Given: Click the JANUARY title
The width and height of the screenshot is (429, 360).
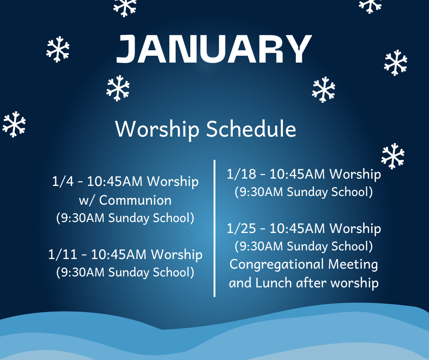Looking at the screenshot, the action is tap(214, 49).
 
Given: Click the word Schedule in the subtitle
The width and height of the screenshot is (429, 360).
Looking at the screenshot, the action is tap(251, 129).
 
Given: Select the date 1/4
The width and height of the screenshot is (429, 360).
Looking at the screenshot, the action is tap(63, 181).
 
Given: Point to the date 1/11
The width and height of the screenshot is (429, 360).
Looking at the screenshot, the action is tap(63, 254).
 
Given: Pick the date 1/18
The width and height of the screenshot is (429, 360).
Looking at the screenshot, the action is tap(241, 174).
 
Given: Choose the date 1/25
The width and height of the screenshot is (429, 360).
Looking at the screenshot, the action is tap(241, 228).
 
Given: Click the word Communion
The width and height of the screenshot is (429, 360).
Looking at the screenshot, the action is tap(136, 200).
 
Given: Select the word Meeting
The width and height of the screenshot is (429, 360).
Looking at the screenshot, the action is tap(353, 265).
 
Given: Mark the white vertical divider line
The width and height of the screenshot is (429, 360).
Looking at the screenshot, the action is tap(214, 228).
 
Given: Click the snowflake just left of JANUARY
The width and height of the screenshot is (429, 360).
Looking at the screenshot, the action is tap(58, 49).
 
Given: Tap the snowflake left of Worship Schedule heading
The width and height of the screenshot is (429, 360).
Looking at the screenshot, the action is tap(14, 124).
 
